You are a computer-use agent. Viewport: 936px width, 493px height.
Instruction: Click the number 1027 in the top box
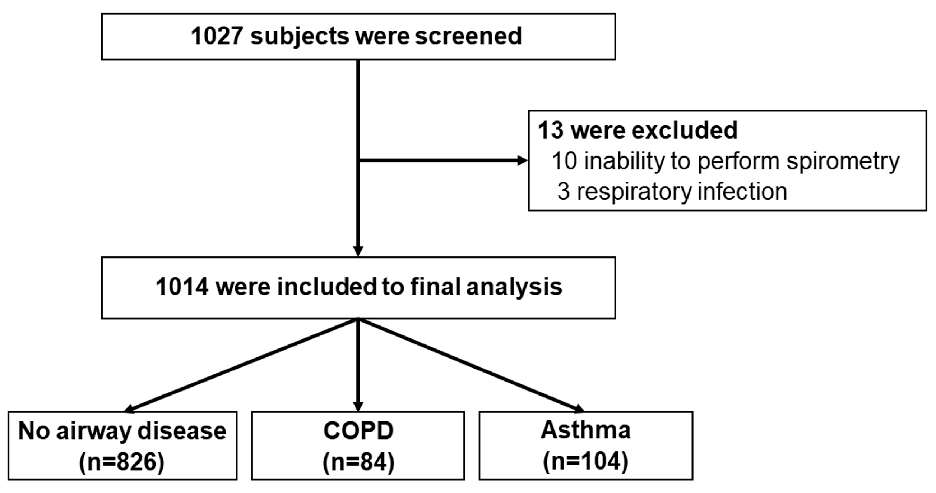point(217,36)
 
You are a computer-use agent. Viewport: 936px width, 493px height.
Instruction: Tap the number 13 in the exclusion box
point(550,130)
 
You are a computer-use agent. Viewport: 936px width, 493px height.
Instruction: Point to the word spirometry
point(843,161)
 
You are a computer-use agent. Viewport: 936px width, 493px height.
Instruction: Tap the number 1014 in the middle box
point(182,287)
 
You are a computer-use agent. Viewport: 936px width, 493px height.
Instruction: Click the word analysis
point(514,287)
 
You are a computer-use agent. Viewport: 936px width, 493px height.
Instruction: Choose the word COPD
point(358,431)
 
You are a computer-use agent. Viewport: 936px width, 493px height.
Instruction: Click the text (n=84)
point(358,462)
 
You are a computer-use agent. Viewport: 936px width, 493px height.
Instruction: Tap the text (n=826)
point(122,462)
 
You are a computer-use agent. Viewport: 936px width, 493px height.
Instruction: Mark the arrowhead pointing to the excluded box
point(523,160)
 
